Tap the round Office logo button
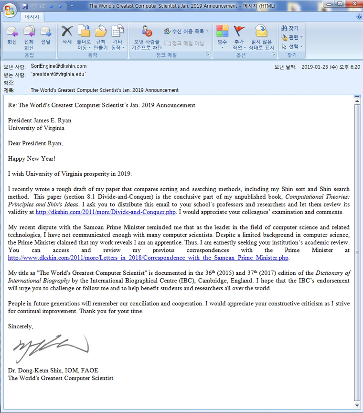click(9, 10)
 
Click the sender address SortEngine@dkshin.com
click(58, 66)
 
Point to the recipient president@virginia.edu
click(58, 75)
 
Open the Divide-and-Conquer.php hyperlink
click(106, 212)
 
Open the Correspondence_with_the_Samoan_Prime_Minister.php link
click(149, 258)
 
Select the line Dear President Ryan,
click(35, 143)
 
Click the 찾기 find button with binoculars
click(290, 29)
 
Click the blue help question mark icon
click(359, 17)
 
